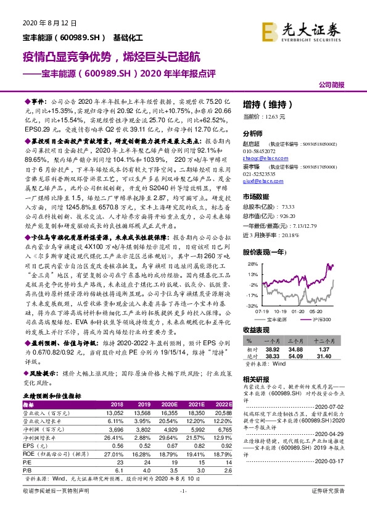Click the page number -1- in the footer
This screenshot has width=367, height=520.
(x=183, y=508)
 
